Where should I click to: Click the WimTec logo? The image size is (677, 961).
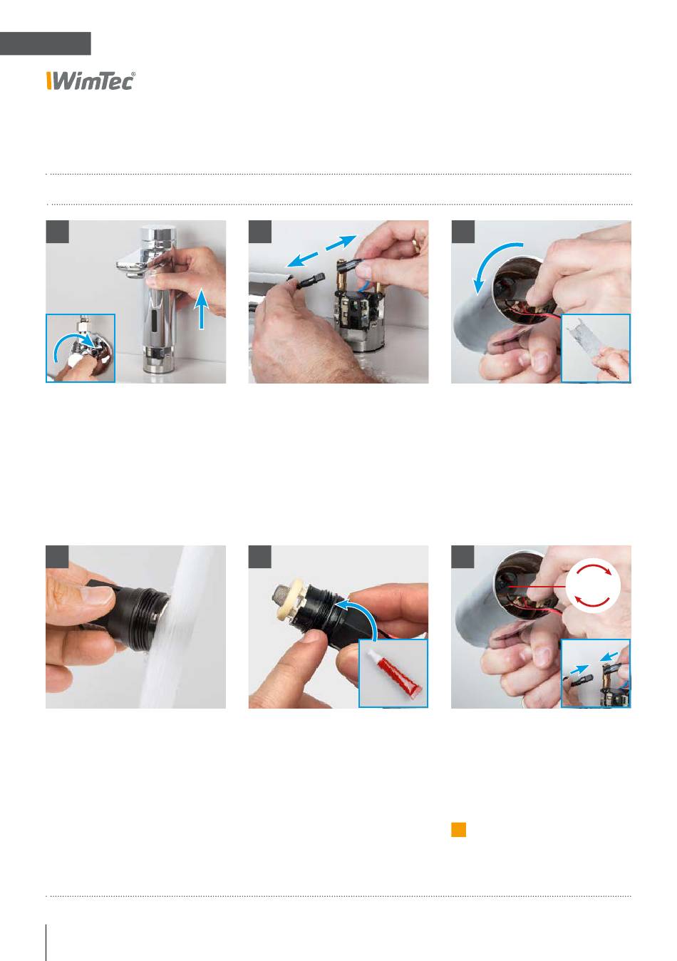click(91, 81)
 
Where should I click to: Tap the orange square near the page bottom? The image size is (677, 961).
click(458, 830)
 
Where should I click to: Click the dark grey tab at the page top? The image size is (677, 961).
click(46, 43)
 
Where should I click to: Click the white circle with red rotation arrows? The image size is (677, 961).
click(593, 585)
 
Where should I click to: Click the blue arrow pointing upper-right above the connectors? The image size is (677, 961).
click(341, 242)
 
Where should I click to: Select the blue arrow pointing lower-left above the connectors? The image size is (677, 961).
click(303, 260)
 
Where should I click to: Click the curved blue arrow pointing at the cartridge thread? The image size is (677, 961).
click(360, 614)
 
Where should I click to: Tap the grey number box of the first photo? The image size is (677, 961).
click(58, 232)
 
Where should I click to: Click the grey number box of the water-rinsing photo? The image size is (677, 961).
click(57, 557)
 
